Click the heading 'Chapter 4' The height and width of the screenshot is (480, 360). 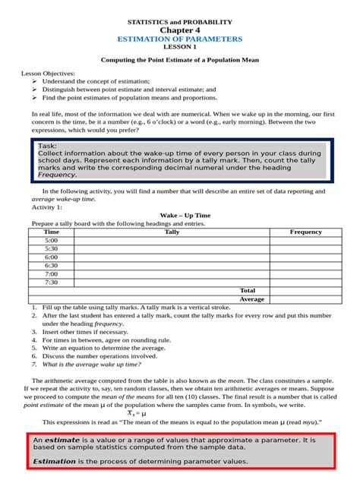tap(180, 29)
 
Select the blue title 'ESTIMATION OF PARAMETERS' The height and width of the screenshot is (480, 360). tap(180, 38)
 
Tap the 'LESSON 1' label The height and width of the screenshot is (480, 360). tap(180, 46)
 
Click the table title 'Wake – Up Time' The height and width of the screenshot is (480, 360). tap(180, 215)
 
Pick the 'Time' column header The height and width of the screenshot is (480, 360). tap(52, 232)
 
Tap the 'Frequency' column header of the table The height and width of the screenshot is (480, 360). tap(306, 232)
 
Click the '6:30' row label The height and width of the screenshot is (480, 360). tap(52, 265)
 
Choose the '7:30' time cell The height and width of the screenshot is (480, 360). tap(52, 282)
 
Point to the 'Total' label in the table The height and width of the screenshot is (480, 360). tap(248, 290)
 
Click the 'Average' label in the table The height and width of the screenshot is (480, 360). tap(251, 298)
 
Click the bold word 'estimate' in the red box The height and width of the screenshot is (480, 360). tap(61, 440)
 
